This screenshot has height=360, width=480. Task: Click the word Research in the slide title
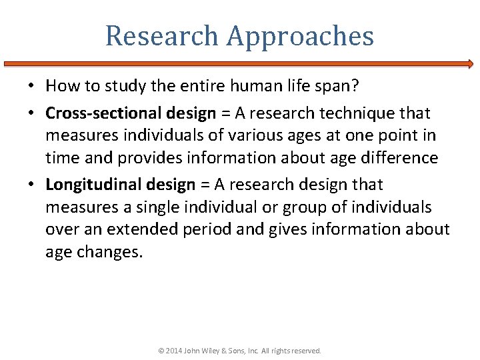tap(161, 36)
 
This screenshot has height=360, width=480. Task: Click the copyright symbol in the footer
tap(162, 351)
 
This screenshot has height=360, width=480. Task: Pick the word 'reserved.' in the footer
tap(306, 351)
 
